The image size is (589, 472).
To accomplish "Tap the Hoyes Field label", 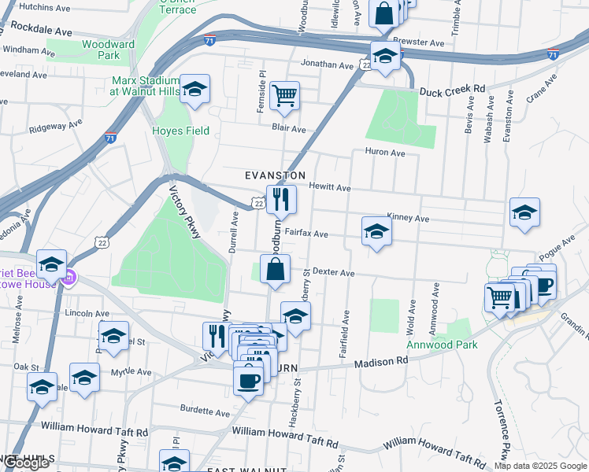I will (181, 131).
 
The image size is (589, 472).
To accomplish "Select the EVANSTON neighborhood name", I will (274, 175).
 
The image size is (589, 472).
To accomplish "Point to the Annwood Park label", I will (431, 345).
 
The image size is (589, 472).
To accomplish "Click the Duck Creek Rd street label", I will (452, 90).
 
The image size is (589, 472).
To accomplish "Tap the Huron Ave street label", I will (384, 153).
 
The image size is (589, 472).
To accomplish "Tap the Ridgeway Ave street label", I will (55, 126).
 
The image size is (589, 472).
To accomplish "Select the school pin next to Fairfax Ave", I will (377, 231).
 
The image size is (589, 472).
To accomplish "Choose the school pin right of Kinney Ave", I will (524, 212).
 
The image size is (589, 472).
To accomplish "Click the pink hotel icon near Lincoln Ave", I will (69, 277).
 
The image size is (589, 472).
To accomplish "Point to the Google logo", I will (25, 463).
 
